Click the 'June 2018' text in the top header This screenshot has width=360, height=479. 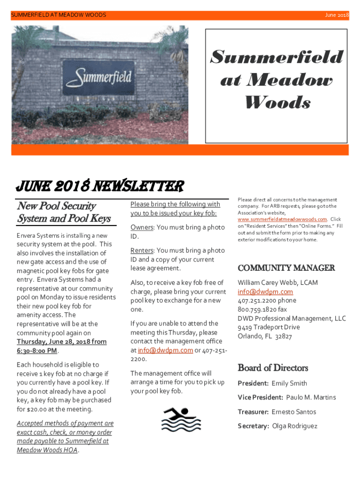tap(337, 15)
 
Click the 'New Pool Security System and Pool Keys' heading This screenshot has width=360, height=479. tap(64, 212)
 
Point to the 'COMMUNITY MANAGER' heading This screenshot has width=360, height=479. tap(286, 268)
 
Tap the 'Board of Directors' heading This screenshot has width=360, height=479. tap(273, 368)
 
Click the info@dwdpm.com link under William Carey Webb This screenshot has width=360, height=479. tap(265, 292)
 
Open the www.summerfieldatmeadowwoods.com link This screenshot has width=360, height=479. tap(282, 219)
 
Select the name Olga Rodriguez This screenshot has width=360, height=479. tap(295, 426)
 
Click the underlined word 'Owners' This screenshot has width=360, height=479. tap(142, 227)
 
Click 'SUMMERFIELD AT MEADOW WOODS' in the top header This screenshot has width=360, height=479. tap(58, 15)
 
